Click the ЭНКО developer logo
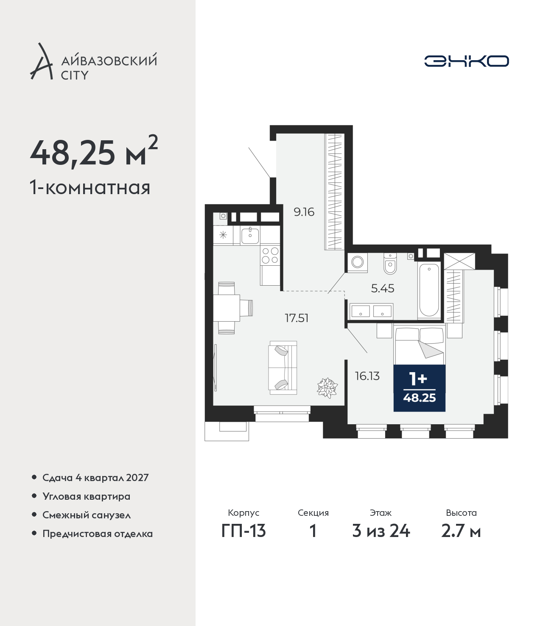466,61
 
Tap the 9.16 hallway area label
304,212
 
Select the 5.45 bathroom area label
383,288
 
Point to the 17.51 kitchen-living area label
297,318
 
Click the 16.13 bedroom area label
367,376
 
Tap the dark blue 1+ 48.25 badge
419,388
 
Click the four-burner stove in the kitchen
270,255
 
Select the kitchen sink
250,235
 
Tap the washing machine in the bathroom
358,262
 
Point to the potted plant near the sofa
327,387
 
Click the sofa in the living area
283,367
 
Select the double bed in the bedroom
419,344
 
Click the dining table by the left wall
227,308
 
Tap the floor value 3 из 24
381,531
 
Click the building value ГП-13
244,531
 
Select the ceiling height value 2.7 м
461,531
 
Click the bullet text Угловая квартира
87,497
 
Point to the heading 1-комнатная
90,188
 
